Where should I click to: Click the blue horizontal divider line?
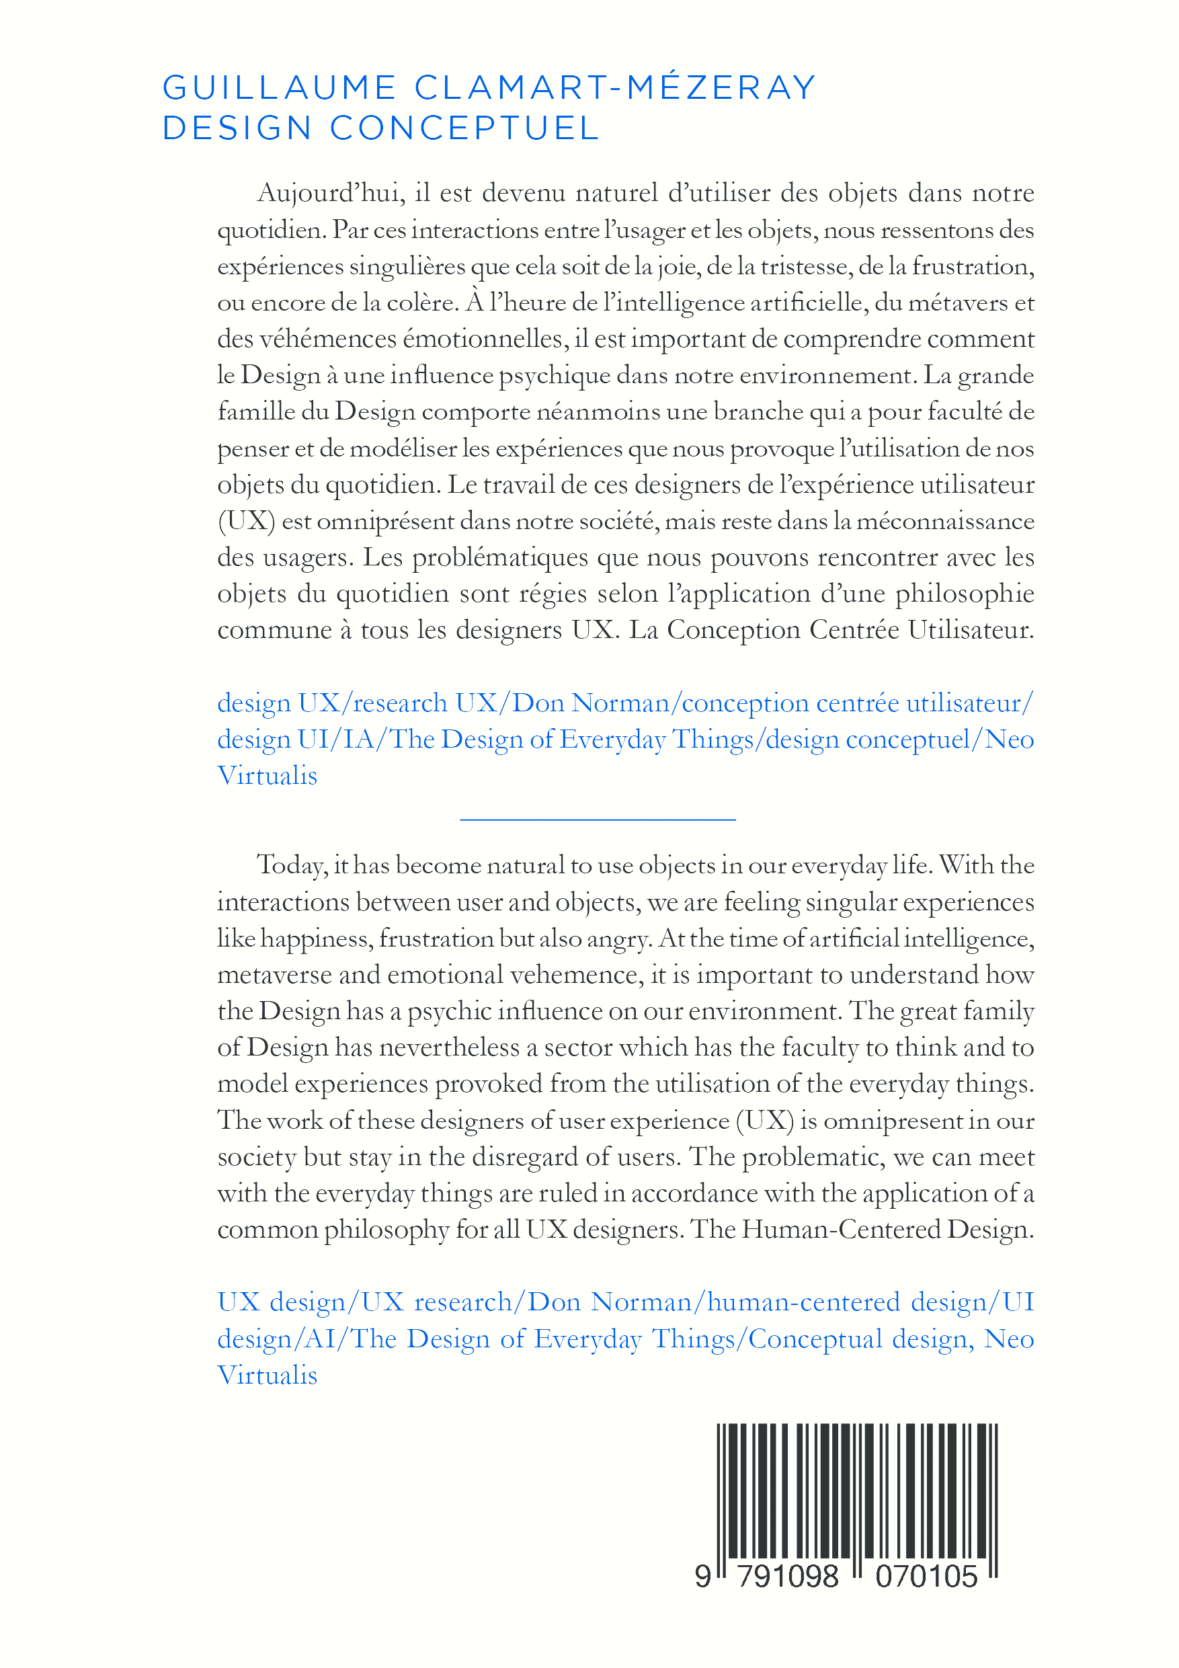tap(598, 820)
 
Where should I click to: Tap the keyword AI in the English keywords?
tap(321, 1338)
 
